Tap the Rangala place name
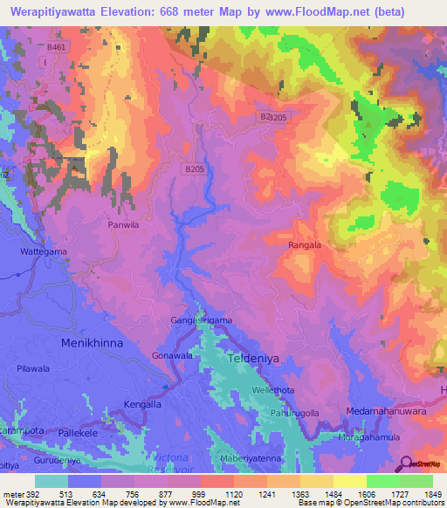pyautogui.click(x=310, y=245)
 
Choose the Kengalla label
pyautogui.click(x=121, y=407)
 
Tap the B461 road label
pyautogui.click(x=57, y=46)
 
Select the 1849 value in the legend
pyautogui.click(x=434, y=494)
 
